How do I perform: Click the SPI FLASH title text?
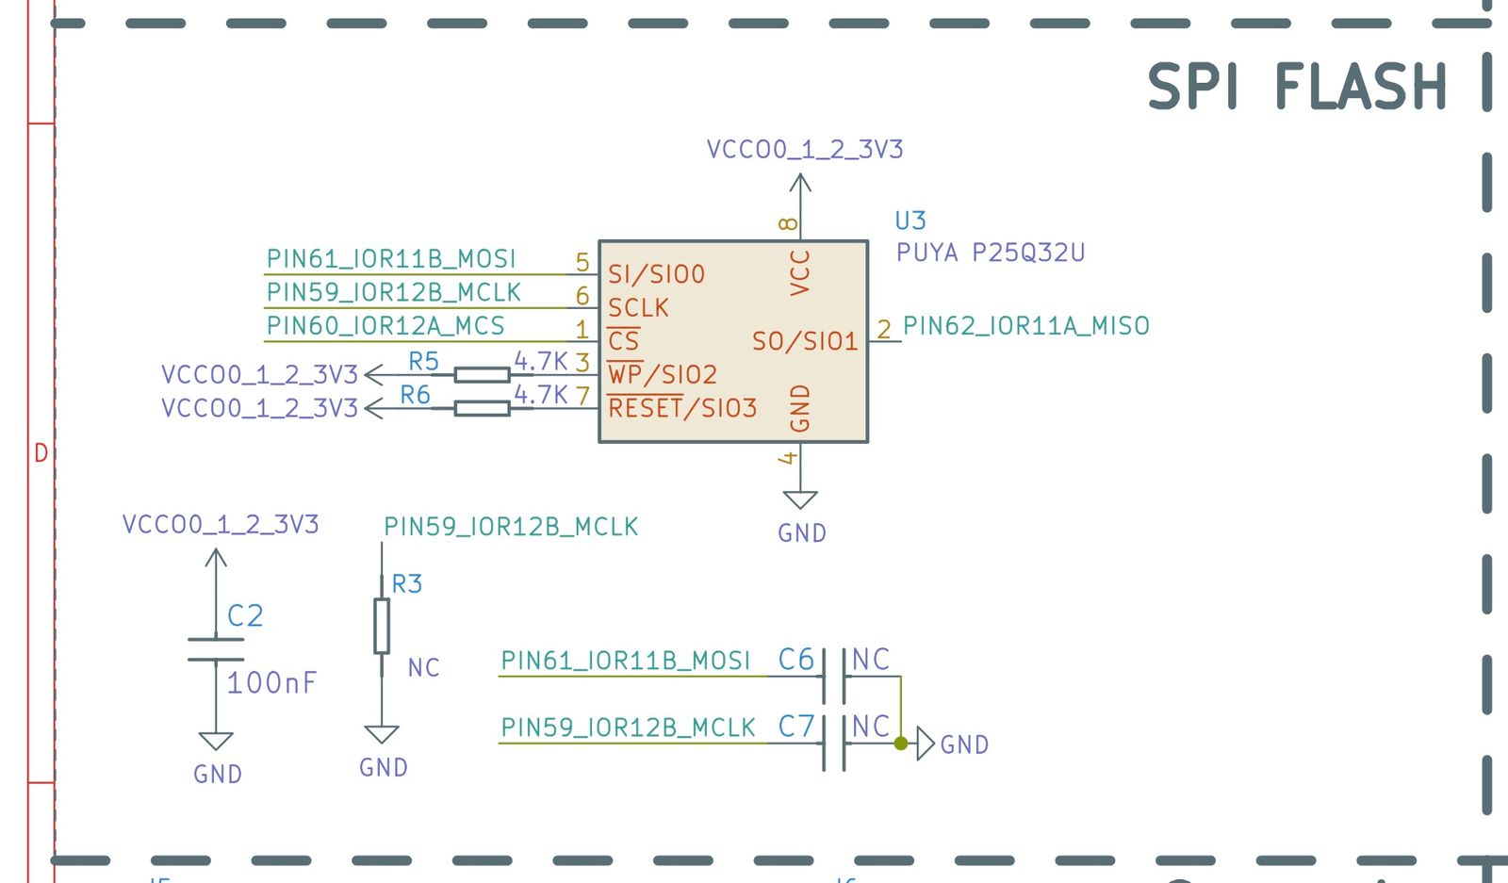coord(1297,87)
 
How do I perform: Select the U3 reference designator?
coord(910,221)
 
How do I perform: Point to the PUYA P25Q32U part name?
coord(991,253)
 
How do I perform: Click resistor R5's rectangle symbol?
coord(482,375)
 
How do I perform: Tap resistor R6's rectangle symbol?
coord(482,408)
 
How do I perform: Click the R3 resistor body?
coord(382,626)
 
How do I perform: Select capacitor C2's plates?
coord(216,649)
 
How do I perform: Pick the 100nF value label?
coord(271,682)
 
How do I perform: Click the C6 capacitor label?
coord(795,660)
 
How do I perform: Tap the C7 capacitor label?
coord(795,727)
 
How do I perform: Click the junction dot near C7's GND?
coord(901,744)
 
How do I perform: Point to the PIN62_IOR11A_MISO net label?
coord(1026,326)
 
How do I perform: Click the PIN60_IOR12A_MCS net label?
coord(385,326)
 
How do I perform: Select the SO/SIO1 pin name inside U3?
coord(805,341)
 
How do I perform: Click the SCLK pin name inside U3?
coord(638,308)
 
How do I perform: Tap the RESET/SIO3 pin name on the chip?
coord(682,408)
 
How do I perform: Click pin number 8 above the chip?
coord(788,224)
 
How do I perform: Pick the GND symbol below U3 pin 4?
coord(800,500)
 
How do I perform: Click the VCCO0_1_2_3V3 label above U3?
coord(805,149)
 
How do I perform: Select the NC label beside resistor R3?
coord(423,668)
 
